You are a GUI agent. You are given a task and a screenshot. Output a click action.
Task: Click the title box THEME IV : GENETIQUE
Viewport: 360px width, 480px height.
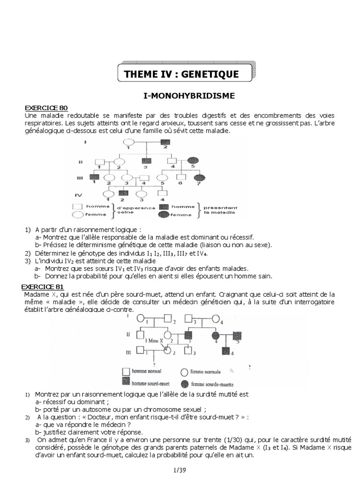click(x=181, y=74)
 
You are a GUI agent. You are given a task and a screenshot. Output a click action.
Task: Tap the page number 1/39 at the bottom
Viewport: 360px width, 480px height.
click(x=180, y=469)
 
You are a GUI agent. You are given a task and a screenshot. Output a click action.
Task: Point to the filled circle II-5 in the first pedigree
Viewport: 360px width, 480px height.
click(x=193, y=160)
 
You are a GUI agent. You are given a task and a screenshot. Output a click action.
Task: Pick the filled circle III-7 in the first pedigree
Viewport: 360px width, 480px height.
click(x=200, y=178)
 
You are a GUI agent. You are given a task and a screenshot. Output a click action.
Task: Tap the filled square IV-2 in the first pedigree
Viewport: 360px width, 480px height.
click(x=123, y=193)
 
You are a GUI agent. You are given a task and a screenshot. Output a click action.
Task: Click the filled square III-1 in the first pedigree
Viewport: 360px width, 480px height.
click(x=95, y=178)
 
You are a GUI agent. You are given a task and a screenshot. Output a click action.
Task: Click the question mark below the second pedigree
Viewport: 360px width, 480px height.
click(x=154, y=364)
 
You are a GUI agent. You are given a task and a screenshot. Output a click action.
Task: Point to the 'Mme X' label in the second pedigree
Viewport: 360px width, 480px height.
click(x=155, y=340)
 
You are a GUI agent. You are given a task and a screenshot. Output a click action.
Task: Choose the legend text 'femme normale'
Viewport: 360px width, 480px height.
click(x=207, y=372)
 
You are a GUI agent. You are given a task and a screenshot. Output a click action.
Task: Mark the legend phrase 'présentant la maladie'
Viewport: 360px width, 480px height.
click(x=221, y=210)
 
